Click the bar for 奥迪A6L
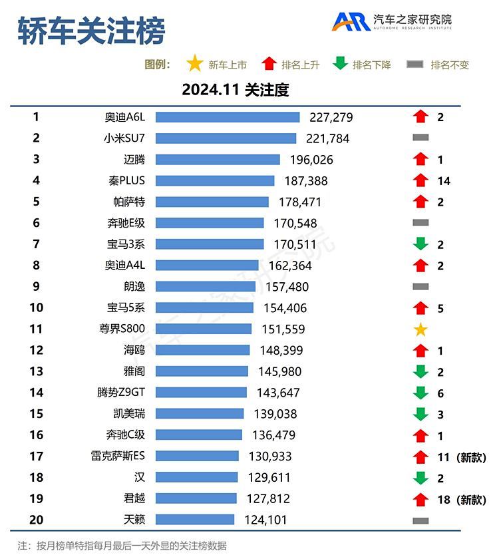tap(228, 117)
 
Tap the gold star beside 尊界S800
tap(420, 329)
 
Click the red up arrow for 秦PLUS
tap(420, 180)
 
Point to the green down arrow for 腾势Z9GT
tap(420, 393)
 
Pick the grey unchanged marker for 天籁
tap(420, 520)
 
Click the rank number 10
tap(36, 308)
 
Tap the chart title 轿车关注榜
tap(91, 31)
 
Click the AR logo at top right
tap(351, 21)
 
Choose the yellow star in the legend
tap(194, 65)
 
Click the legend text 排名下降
tap(372, 65)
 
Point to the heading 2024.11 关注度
tap(236, 90)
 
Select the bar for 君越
tap(196, 499)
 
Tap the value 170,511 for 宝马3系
tap(294, 244)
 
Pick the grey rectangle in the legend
tap(415, 65)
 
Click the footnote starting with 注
tap(122, 546)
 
